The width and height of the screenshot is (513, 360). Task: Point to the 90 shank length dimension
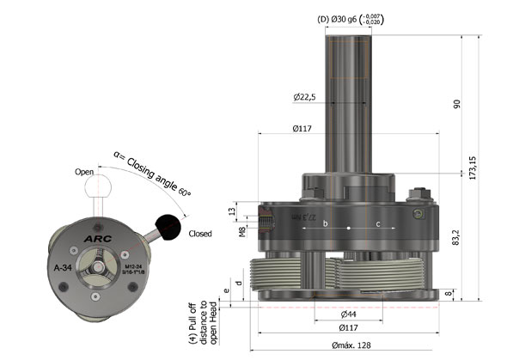tap(455, 104)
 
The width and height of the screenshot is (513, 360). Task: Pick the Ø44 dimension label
tap(348, 314)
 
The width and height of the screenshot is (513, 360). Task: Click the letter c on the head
tap(378, 224)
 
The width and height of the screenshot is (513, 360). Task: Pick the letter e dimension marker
tap(226, 291)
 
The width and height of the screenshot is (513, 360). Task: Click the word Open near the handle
tap(83, 172)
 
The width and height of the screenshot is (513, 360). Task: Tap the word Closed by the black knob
tap(200, 233)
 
